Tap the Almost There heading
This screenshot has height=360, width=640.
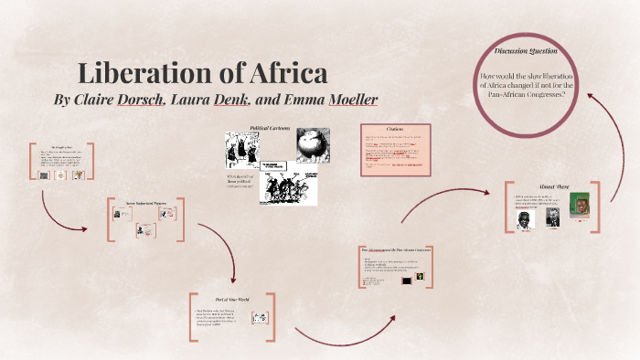(557, 186)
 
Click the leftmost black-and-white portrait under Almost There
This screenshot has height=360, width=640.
(528, 217)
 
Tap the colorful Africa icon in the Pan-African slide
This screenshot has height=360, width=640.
(421, 277)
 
